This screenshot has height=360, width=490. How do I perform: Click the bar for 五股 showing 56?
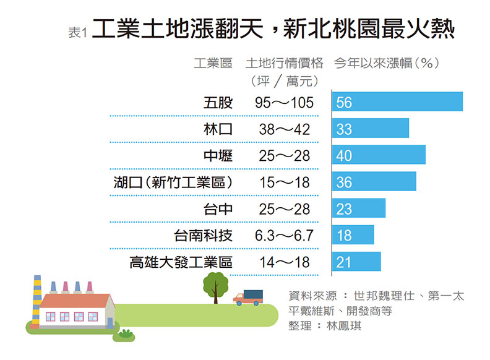397,101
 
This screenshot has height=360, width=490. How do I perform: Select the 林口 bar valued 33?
371,128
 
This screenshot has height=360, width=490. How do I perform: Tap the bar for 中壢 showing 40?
379,155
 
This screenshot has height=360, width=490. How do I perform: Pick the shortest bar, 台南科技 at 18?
353,234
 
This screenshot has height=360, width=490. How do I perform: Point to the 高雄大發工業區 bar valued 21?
356,262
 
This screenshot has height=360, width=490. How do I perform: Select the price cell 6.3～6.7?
285,235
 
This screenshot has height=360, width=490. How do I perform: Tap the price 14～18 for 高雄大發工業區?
285,262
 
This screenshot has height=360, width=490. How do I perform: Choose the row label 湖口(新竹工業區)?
174,182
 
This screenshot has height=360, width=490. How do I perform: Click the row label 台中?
218,208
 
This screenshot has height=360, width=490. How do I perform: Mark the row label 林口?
218,129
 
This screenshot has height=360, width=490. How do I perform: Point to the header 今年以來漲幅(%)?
387,63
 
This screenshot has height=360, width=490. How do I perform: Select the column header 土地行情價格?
285,63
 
